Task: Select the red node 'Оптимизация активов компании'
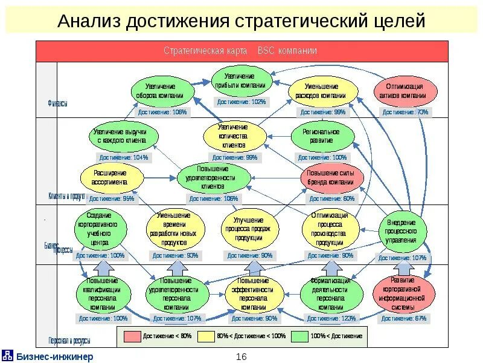(x=405, y=91)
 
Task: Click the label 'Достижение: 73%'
(x=406, y=112)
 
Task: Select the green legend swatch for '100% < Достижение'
(x=299, y=336)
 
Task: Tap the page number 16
(x=241, y=356)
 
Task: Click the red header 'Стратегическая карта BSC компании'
(x=241, y=51)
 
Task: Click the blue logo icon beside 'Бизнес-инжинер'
(x=8, y=355)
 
